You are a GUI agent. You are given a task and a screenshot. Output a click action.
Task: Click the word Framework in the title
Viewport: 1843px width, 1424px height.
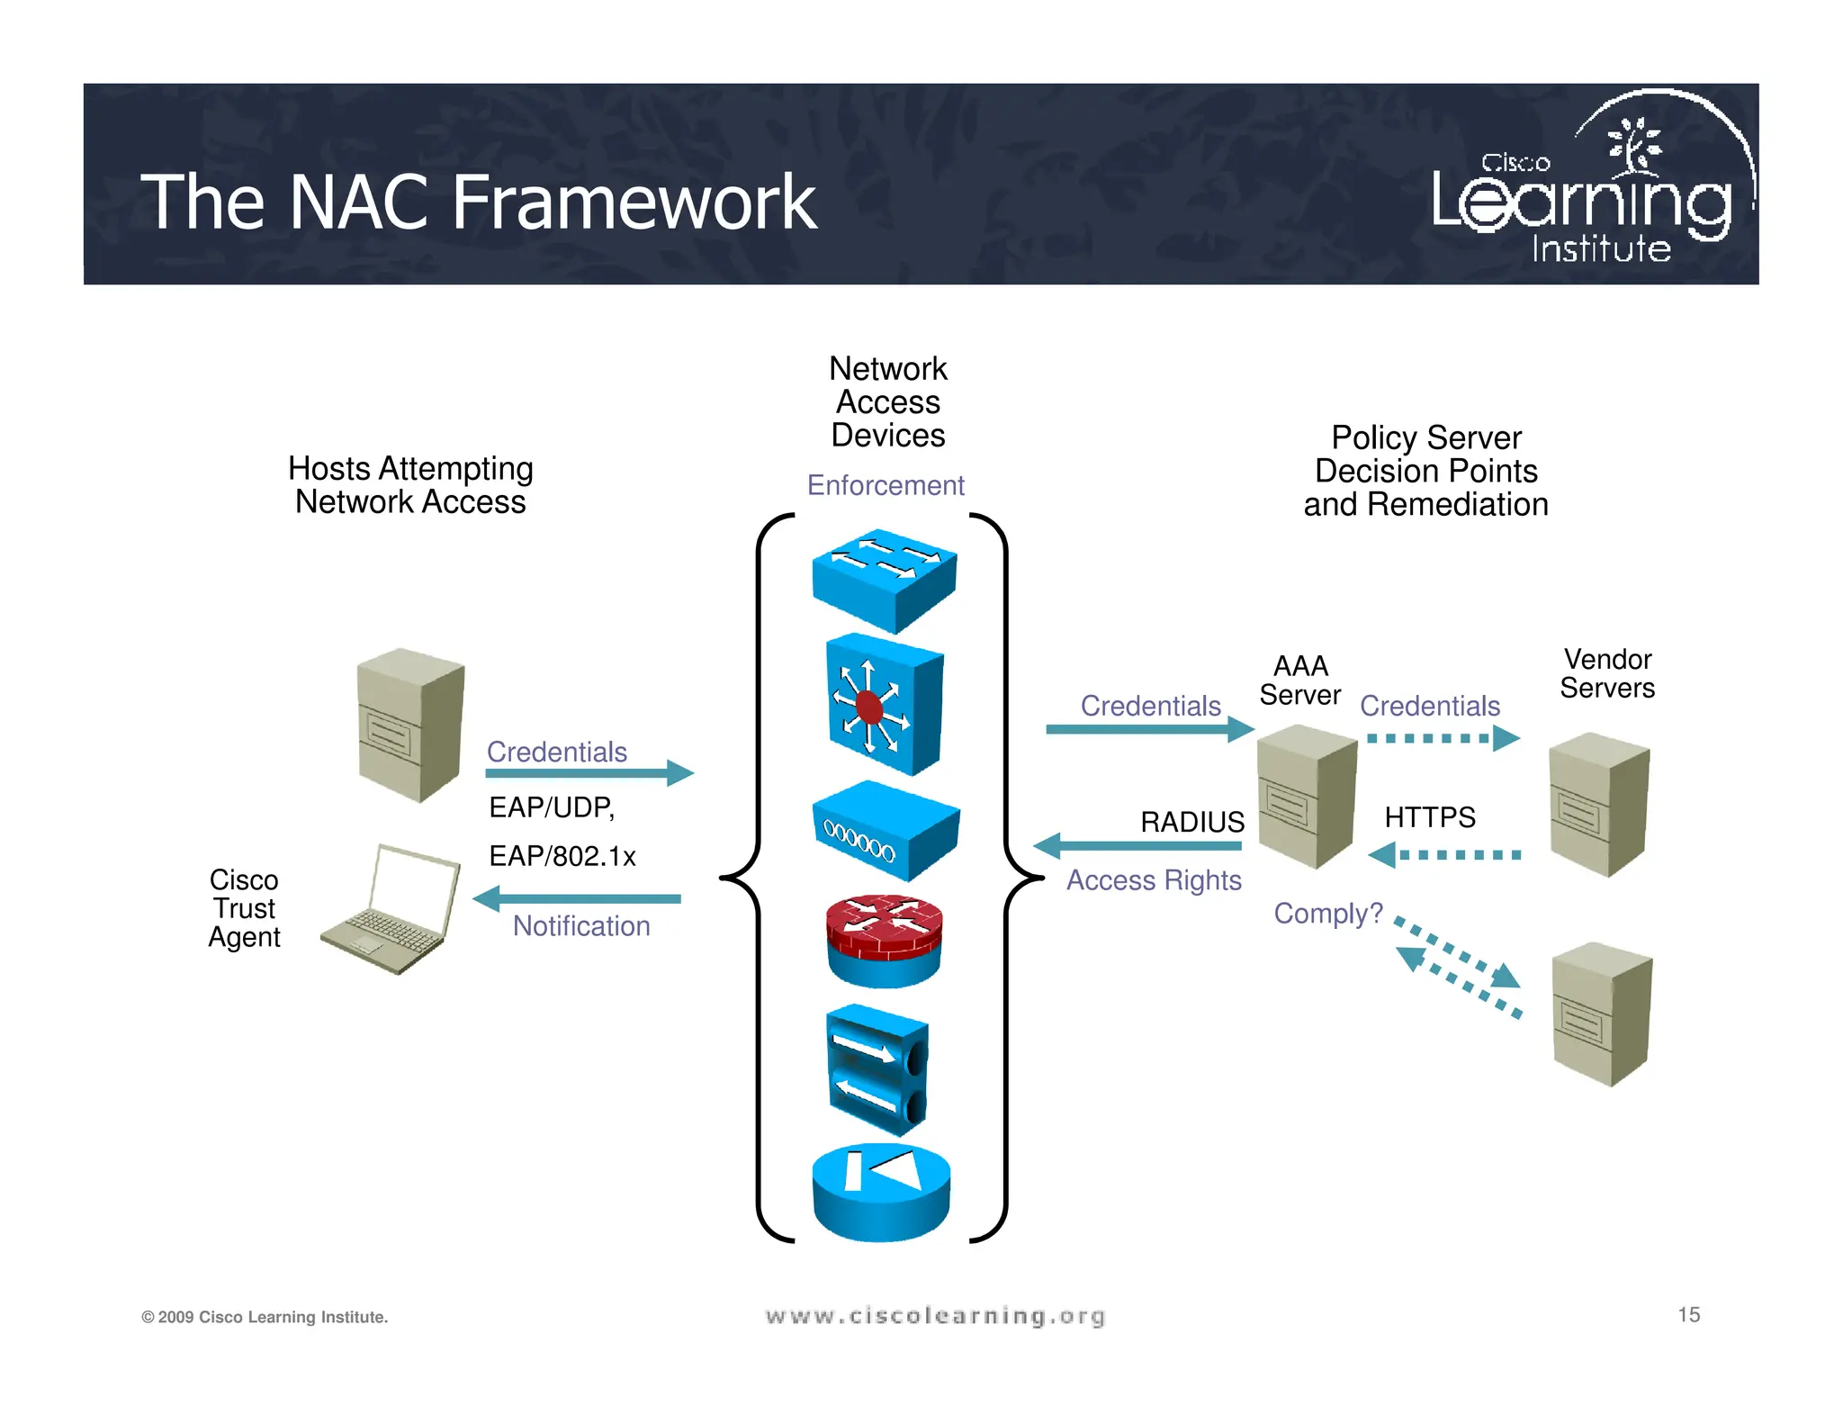(634, 203)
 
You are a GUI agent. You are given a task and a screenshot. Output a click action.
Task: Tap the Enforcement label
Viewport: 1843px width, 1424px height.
(885, 485)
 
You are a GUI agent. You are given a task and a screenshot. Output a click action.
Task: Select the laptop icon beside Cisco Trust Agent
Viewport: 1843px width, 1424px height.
(391, 909)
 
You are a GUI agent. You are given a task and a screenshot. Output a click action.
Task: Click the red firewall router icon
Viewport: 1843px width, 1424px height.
(884, 941)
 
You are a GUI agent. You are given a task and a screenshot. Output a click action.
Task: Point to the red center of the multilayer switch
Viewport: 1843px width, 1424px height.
(869, 707)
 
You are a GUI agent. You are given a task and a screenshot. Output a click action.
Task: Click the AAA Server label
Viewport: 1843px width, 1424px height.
(1299, 680)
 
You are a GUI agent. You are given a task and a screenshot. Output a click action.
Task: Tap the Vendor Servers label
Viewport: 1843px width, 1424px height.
(1607, 673)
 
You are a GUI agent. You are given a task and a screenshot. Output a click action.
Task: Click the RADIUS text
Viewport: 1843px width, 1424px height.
(1191, 822)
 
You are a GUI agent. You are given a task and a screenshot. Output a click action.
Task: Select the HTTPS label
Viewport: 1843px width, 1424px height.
(1429, 817)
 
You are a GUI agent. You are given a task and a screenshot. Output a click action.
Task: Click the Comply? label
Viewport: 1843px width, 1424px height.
(1327, 914)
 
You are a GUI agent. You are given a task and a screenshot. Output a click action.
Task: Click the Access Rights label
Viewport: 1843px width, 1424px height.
(1154, 879)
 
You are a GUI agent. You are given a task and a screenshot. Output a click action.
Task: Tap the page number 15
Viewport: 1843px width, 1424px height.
(1688, 1314)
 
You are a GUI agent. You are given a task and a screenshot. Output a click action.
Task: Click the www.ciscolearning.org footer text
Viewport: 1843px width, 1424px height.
(935, 1316)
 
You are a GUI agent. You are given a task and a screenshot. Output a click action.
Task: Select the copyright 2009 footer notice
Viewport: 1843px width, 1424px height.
(265, 1317)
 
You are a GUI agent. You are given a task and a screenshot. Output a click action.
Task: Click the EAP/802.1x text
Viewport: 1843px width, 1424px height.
(562, 856)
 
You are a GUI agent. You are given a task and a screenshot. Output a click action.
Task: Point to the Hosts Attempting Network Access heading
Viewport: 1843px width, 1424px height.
(410, 485)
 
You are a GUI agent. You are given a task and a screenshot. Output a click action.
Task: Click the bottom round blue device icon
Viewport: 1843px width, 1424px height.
(880, 1193)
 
